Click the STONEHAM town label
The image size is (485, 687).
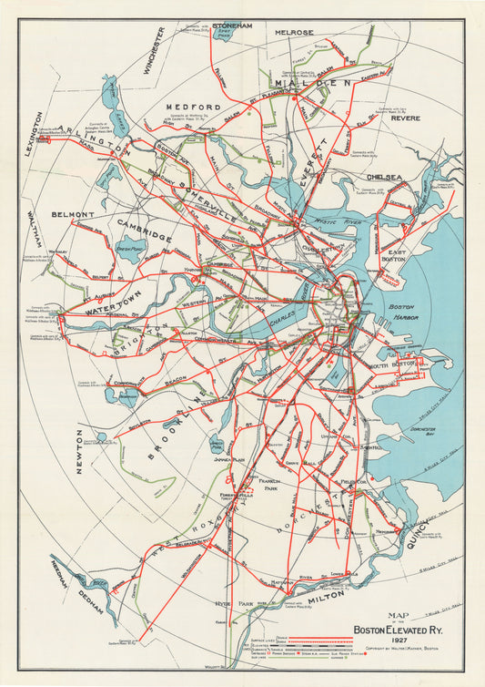(x=231, y=26)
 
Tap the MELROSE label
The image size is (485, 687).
(x=294, y=33)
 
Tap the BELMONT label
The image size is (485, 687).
(x=73, y=215)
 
